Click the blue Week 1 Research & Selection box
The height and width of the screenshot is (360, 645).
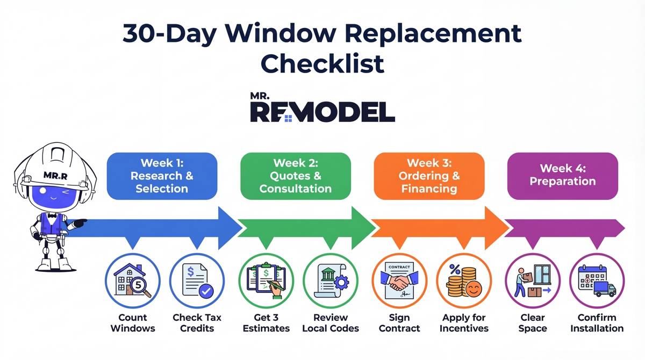[162, 176]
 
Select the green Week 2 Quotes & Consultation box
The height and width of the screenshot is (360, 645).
[295, 176]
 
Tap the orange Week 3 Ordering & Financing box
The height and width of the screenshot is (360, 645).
[428, 176]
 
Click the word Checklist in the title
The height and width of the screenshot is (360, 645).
[322, 63]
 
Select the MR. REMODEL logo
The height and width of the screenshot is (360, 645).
[322, 107]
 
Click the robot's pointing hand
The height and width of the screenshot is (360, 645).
[81, 221]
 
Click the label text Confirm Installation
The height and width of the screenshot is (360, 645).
[597, 322]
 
